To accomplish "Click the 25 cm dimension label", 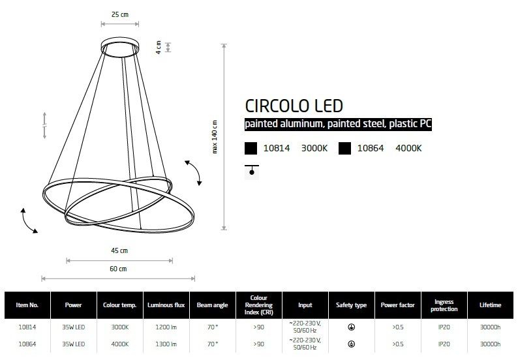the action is pos(120,14).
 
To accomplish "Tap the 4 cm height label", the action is pos(159,47).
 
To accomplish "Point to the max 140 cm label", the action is pos(215,137).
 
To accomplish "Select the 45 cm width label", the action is pos(119,250).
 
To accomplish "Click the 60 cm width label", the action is pos(118,269).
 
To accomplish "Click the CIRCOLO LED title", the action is pos(294,106).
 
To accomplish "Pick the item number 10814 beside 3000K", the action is pos(277,148).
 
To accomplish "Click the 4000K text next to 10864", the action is pos(408,148).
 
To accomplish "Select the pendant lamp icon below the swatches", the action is pos(252,172).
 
